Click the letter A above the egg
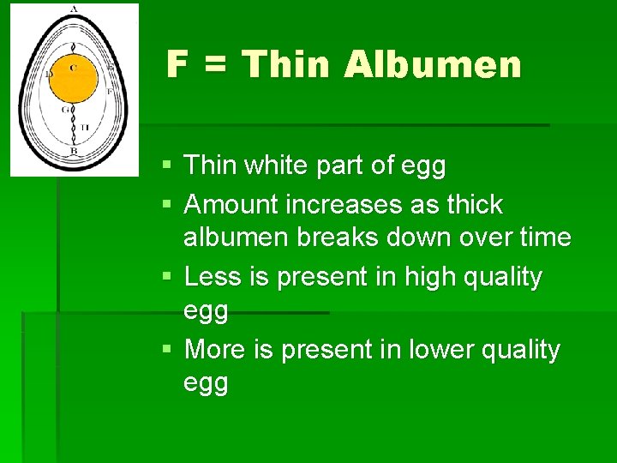click(x=74, y=9)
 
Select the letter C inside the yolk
click(x=73, y=67)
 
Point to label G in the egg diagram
click(x=65, y=110)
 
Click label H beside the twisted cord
click(x=84, y=128)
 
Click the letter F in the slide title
click(x=177, y=64)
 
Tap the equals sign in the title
click(x=215, y=65)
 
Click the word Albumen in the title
click(x=433, y=64)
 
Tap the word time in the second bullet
click(x=544, y=237)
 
